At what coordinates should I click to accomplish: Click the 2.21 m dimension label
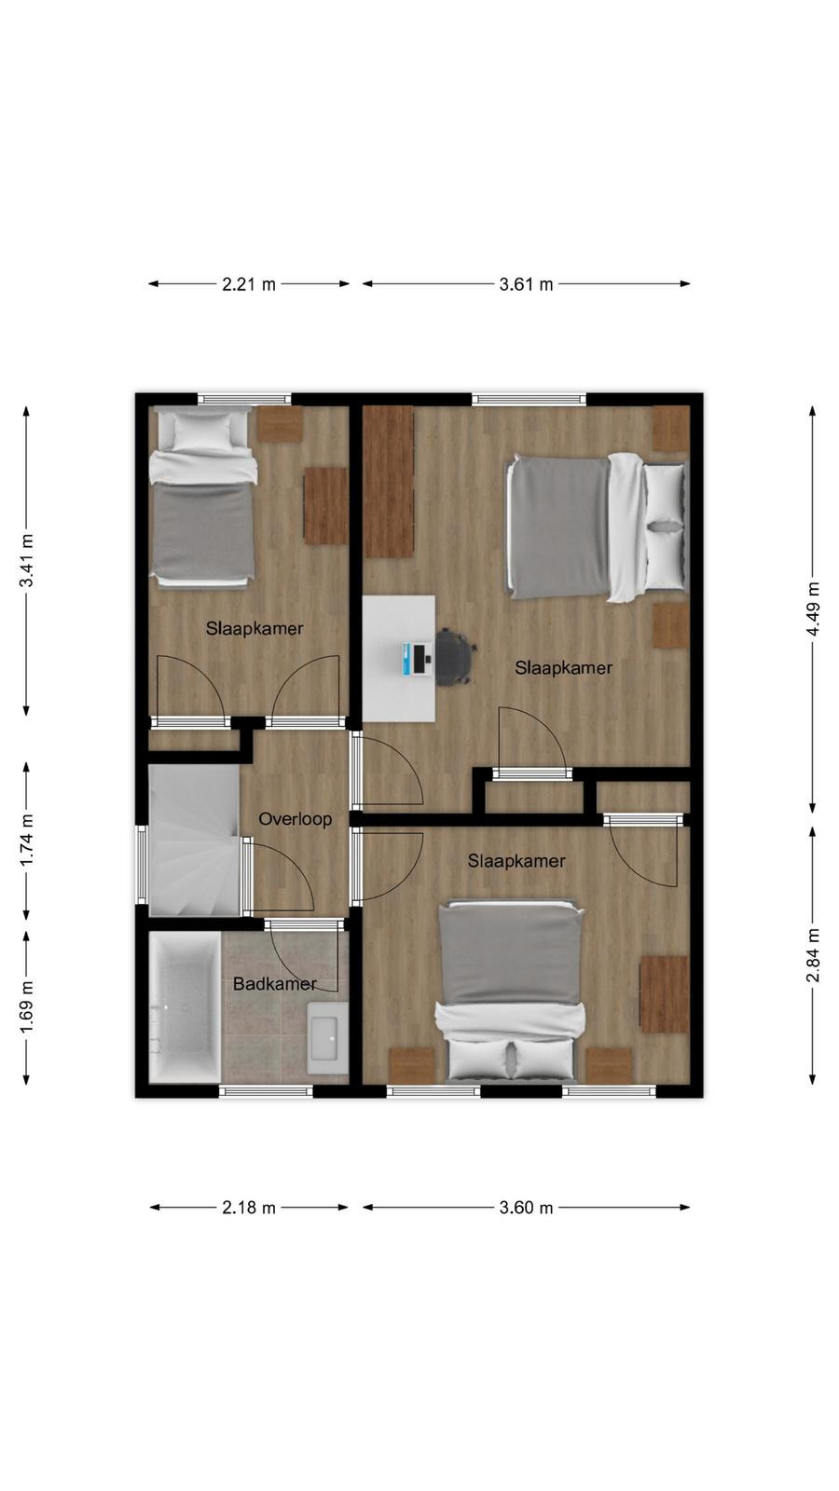pyautogui.click(x=248, y=284)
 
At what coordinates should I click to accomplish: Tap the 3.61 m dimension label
pyautogui.click(x=526, y=284)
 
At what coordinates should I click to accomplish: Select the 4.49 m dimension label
pyautogui.click(x=813, y=609)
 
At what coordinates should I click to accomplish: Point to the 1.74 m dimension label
pyautogui.click(x=27, y=840)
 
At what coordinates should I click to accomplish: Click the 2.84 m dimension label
pyautogui.click(x=813, y=954)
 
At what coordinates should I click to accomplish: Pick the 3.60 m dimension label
pyautogui.click(x=526, y=1208)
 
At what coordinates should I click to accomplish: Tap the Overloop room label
pyautogui.click(x=295, y=819)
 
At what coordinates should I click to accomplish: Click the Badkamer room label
pyautogui.click(x=274, y=984)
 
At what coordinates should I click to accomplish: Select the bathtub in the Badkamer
pyautogui.click(x=185, y=1006)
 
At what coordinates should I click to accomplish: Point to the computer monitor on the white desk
pyautogui.click(x=417, y=659)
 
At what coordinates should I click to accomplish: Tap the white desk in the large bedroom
pyautogui.click(x=399, y=658)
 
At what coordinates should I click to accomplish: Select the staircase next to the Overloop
pyautogui.click(x=194, y=840)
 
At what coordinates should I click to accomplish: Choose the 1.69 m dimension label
pyautogui.click(x=27, y=1007)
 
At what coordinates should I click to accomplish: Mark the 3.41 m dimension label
pyautogui.click(x=27, y=560)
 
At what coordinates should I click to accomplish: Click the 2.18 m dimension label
pyautogui.click(x=248, y=1208)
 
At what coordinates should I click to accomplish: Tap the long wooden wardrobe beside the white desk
pyautogui.click(x=389, y=481)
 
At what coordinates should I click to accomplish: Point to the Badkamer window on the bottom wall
pyautogui.click(x=267, y=1091)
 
